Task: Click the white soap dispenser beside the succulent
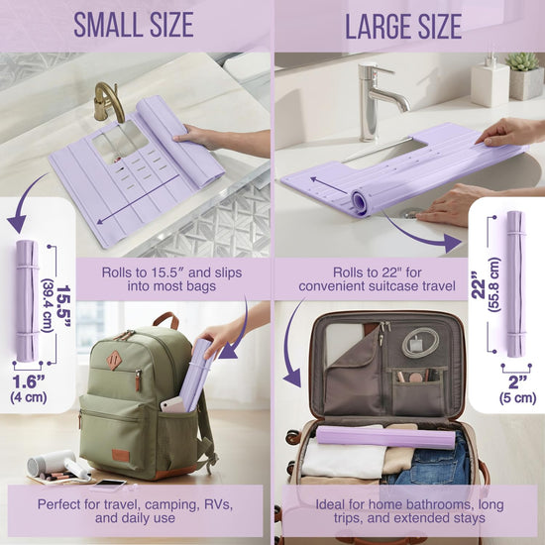[x=490, y=82]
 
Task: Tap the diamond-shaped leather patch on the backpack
[x=114, y=361]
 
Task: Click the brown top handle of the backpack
[x=166, y=320]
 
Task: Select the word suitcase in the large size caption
[x=378, y=286]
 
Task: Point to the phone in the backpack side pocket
[x=172, y=404]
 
